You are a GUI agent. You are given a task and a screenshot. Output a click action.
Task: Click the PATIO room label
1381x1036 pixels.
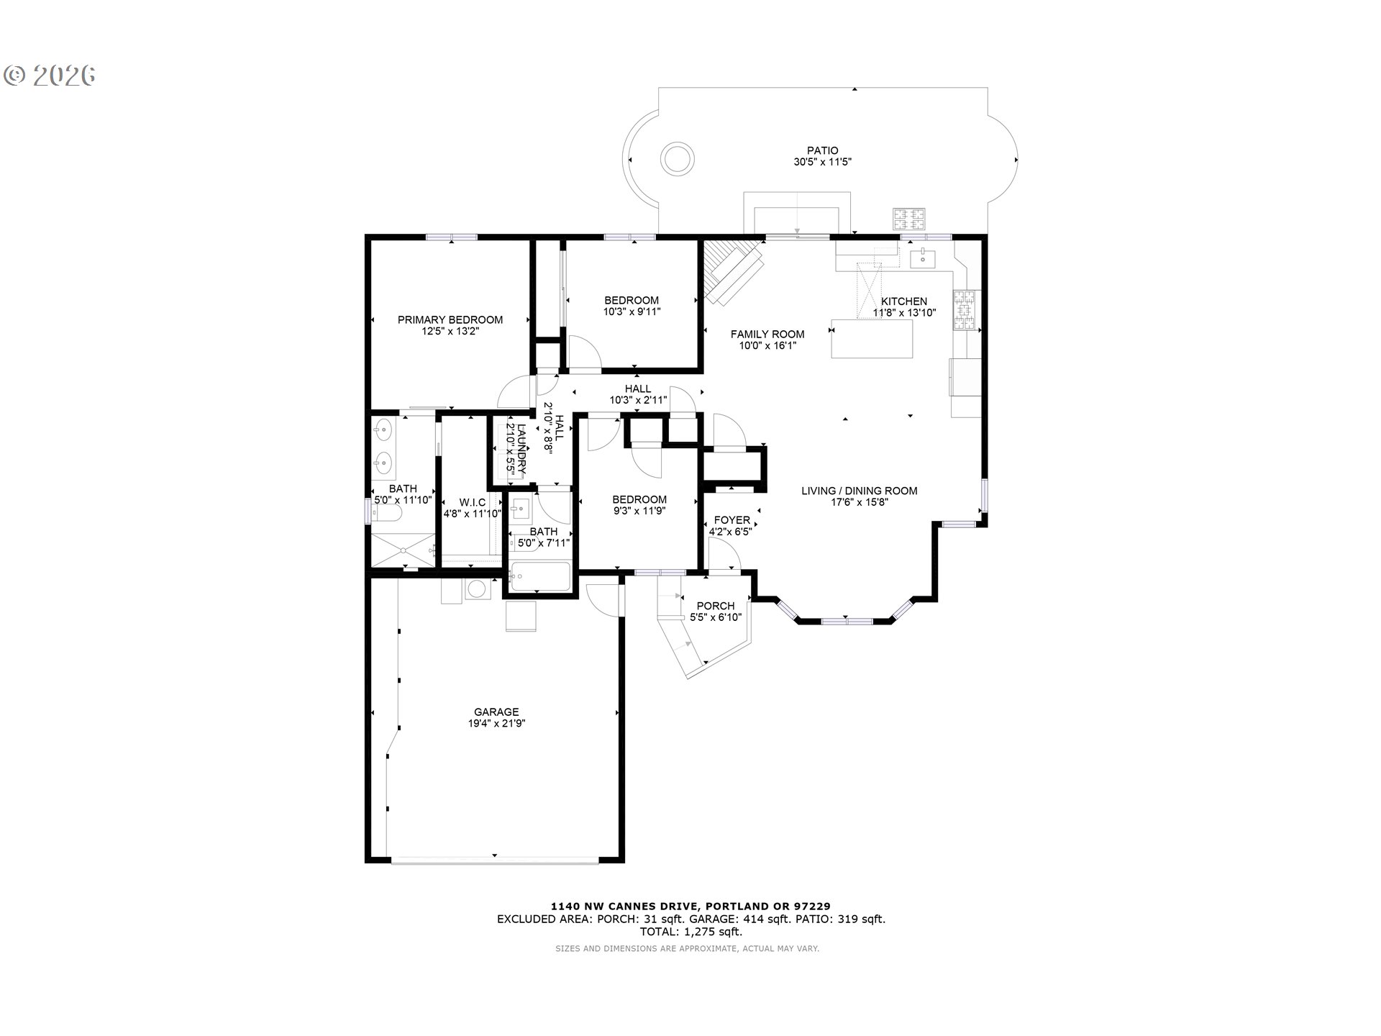[822, 151]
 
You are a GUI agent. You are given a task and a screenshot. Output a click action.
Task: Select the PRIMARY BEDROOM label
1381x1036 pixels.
[450, 320]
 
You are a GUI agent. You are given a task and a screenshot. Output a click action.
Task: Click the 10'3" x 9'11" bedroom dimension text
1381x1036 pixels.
[632, 312]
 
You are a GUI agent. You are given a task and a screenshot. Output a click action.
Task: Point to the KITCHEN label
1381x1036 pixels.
[904, 301]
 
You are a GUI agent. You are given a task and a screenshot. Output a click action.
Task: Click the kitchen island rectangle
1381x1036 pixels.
[872, 339]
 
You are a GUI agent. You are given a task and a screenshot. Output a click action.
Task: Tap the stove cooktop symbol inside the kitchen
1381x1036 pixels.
[967, 310]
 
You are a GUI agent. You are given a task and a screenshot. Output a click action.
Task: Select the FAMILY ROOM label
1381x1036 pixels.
[767, 335]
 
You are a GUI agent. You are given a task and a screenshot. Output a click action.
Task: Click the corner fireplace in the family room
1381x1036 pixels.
[731, 272]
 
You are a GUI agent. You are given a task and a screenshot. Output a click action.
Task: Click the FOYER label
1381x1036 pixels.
[732, 520]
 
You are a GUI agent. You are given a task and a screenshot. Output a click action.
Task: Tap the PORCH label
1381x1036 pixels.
[716, 606]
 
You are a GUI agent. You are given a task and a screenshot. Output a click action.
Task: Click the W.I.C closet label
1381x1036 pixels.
[472, 502]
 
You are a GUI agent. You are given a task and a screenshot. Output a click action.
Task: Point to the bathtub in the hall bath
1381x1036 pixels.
[541, 576]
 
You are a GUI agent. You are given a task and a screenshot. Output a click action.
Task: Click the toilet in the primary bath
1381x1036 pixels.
[388, 512]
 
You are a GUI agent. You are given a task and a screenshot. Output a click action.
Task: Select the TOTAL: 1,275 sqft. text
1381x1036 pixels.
[690, 932]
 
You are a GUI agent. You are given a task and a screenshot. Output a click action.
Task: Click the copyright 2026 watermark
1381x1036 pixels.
[50, 76]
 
